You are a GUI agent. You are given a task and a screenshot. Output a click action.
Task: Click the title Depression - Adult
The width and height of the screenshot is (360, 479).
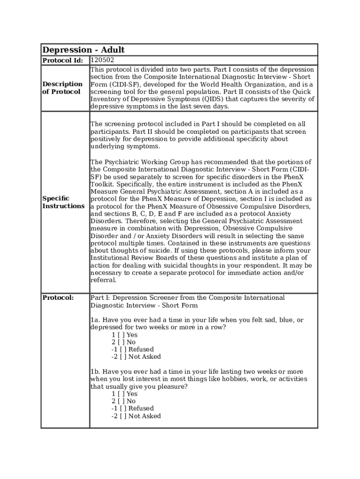click(x=84, y=50)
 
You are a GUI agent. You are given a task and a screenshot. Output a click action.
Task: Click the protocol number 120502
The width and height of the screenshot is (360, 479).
click(x=102, y=60)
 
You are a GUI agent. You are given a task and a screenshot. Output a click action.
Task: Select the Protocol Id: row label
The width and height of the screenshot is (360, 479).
click(x=63, y=61)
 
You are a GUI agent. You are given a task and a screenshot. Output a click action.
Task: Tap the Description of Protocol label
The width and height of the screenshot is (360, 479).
click(x=62, y=88)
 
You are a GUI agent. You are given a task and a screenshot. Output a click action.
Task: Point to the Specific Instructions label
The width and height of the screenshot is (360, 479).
click(x=63, y=202)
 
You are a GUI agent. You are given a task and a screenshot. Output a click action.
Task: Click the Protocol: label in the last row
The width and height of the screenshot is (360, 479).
click(x=58, y=298)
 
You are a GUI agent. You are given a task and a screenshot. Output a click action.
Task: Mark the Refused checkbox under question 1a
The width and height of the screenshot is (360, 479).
click(x=123, y=349)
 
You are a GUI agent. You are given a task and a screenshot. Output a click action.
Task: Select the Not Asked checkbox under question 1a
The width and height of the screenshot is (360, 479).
click(x=123, y=357)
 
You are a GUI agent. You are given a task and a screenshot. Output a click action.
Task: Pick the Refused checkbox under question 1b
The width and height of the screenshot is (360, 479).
click(x=123, y=408)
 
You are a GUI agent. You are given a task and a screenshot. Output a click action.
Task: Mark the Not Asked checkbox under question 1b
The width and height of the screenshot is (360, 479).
click(x=123, y=416)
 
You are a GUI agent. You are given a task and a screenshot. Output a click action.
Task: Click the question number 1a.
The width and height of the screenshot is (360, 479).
click(x=95, y=320)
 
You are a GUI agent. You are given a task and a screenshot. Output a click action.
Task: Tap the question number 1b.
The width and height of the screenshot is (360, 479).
click(x=95, y=372)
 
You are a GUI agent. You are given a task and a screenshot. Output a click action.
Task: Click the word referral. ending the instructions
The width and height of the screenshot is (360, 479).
click(x=103, y=280)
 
